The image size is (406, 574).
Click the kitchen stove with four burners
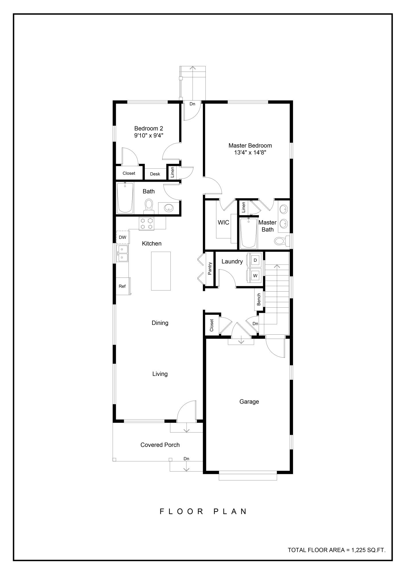click(x=147, y=224)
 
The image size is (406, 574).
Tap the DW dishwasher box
click(x=123, y=237)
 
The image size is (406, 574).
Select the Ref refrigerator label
click(x=122, y=286)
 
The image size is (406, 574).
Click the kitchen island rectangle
click(x=161, y=271)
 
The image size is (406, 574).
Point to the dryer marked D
click(x=255, y=260)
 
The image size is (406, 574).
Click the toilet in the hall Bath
click(x=149, y=206)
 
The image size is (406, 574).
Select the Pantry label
click(x=210, y=269)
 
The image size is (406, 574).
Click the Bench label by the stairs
click(x=259, y=299)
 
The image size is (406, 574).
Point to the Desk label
click(x=155, y=174)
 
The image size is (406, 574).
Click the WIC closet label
click(x=223, y=222)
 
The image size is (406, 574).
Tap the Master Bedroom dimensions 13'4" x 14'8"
click(x=250, y=153)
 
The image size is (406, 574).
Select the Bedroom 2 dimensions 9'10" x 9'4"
click(x=149, y=135)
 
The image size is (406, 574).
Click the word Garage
click(x=249, y=402)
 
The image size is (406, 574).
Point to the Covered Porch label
click(x=160, y=445)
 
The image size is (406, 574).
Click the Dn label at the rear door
click(x=192, y=104)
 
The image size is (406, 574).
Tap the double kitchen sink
click(x=123, y=253)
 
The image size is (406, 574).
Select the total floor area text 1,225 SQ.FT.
click(x=336, y=550)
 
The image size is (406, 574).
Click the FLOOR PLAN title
click(x=203, y=511)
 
